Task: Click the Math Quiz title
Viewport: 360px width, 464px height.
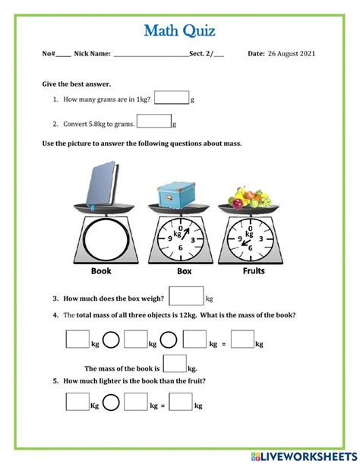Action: (179, 30)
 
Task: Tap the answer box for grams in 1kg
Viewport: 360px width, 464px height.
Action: (171, 99)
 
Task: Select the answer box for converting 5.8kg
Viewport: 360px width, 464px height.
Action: (154, 122)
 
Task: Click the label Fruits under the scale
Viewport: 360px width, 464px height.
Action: (253, 270)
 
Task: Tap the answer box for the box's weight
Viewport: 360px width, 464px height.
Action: (186, 297)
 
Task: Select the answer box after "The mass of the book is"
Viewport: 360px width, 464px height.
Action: (175, 365)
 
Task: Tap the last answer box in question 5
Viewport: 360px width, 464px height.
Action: (181, 402)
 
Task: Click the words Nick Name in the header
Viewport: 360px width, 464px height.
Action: (93, 54)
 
